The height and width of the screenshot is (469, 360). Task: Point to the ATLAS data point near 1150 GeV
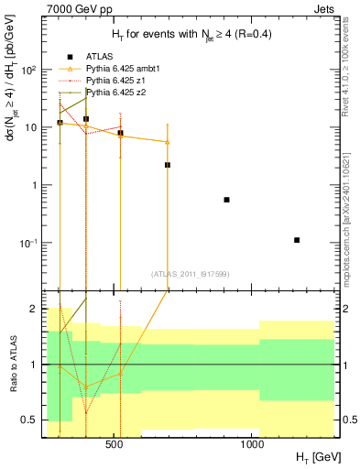point(297,240)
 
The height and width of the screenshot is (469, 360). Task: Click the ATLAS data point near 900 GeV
point(226,200)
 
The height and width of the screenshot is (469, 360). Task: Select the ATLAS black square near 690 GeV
point(168,165)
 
